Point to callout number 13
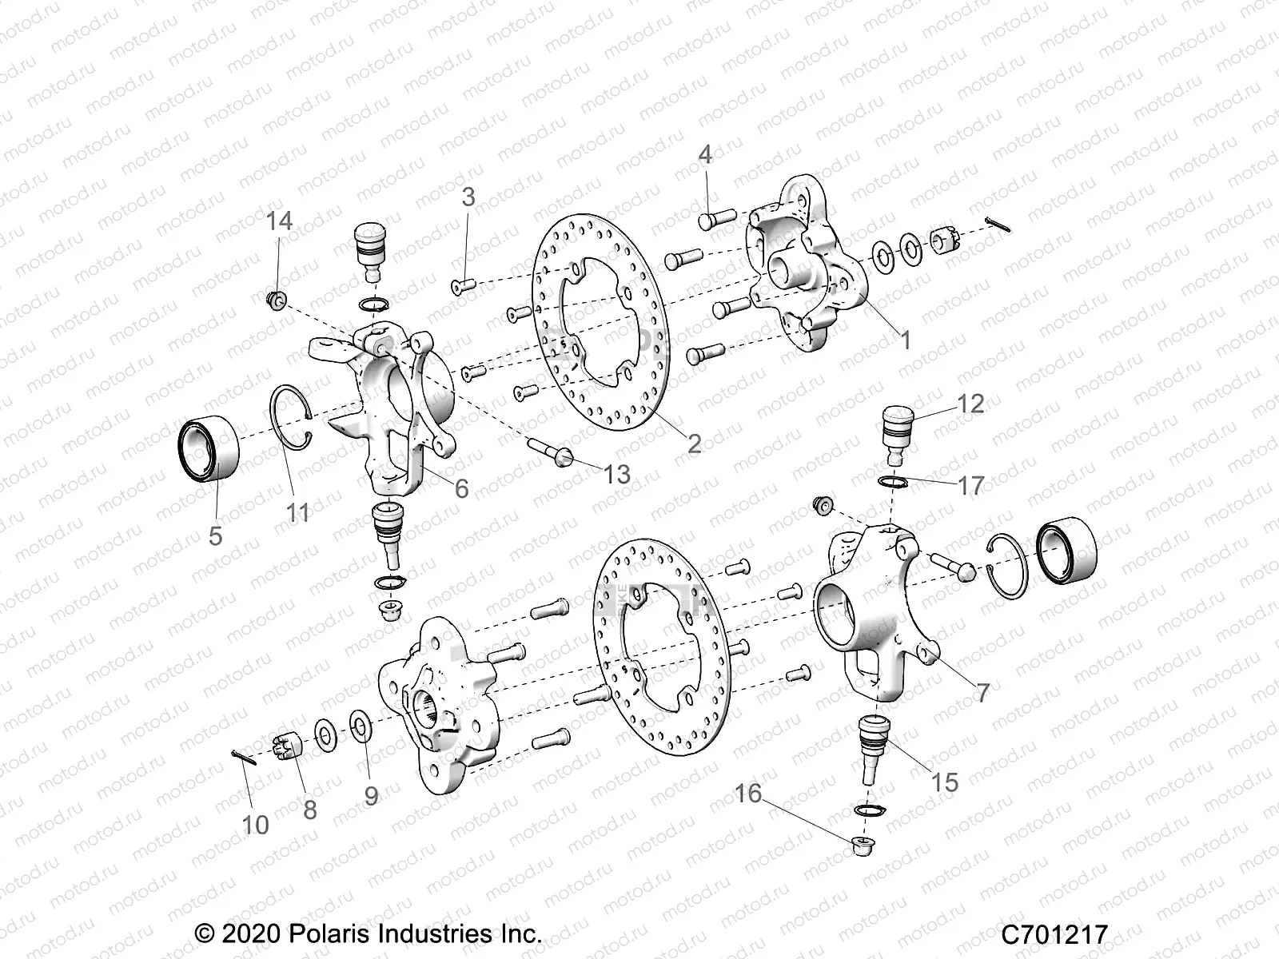click(616, 475)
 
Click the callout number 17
click(971, 484)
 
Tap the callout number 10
click(255, 824)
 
